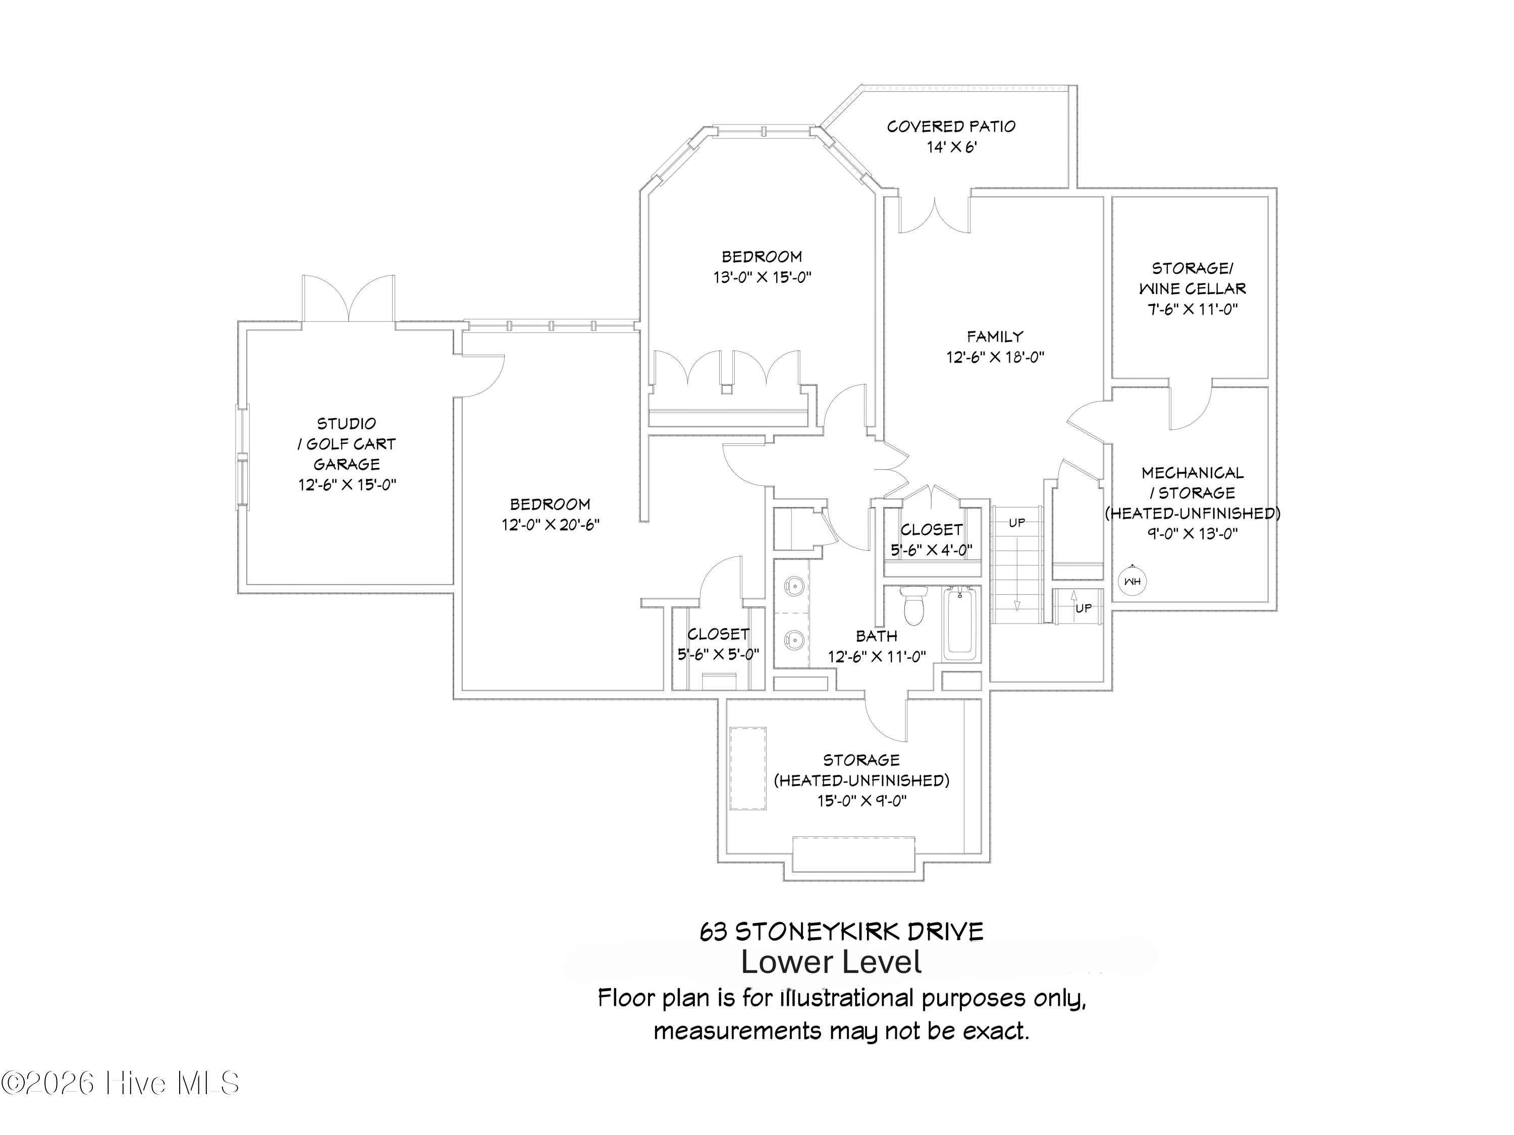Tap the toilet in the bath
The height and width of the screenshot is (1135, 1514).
click(914, 605)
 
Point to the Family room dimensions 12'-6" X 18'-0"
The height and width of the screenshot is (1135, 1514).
click(995, 357)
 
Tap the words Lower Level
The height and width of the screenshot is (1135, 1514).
click(832, 962)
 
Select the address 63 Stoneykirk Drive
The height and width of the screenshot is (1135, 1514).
click(841, 932)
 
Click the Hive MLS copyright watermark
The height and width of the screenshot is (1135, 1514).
click(121, 1083)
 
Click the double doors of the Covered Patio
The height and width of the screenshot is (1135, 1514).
click(934, 214)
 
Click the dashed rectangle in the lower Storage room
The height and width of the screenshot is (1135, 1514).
click(747, 768)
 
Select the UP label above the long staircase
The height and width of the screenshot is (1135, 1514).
click(1017, 523)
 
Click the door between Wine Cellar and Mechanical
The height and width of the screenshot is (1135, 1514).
click(1191, 408)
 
